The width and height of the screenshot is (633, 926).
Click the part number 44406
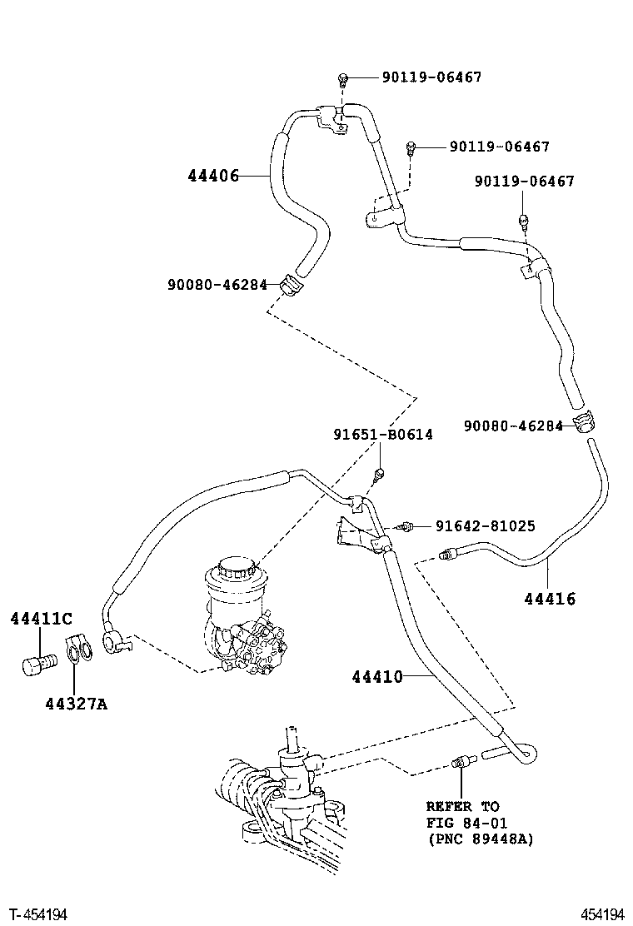pyautogui.click(x=213, y=176)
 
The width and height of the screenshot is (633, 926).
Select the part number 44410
pyautogui.click(x=376, y=677)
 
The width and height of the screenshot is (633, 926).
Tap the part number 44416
pyautogui.click(x=550, y=598)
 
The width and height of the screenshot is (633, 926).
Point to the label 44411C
pyautogui.click(x=41, y=618)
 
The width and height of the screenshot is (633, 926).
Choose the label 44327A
pyautogui.click(x=77, y=704)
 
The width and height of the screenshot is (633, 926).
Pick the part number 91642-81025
pyautogui.click(x=485, y=526)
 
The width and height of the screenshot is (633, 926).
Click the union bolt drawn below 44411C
pyautogui.click(x=37, y=665)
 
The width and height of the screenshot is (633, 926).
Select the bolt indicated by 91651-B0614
pyautogui.click(x=379, y=474)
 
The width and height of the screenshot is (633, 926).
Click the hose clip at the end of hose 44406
pyautogui.click(x=295, y=284)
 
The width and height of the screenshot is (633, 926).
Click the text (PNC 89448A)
pyautogui.click(x=479, y=839)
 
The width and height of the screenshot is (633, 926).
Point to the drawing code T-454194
pyautogui.click(x=39, y=914)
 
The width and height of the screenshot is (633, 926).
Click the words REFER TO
pyautogui.click(x=462, y=807)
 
